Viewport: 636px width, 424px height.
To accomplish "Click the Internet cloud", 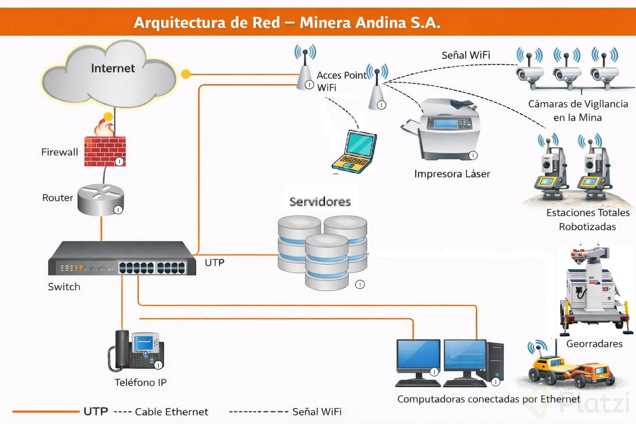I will click(110, 75).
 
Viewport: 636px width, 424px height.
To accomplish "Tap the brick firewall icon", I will click(105, 150).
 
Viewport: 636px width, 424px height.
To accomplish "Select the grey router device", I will click(101, 200).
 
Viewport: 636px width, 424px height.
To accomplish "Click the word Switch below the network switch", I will click(64, 287).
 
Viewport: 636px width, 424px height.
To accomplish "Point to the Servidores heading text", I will click(320, 202).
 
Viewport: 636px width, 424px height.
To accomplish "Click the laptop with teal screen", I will click(355, 151).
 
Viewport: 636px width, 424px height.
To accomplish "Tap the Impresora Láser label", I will click(452, 174).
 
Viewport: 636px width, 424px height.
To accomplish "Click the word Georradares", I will click(594, 344).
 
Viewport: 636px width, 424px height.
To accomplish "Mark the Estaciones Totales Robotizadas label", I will click(588, 219).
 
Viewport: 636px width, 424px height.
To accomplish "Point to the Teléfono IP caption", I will click(140, 382).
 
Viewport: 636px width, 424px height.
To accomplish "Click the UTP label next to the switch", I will click(214, 263).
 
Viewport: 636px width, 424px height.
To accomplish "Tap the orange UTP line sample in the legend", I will click(46, 412).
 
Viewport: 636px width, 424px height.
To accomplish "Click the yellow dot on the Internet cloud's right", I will click(186, 74).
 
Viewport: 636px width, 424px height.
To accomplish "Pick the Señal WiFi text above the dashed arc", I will click(466, 55).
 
